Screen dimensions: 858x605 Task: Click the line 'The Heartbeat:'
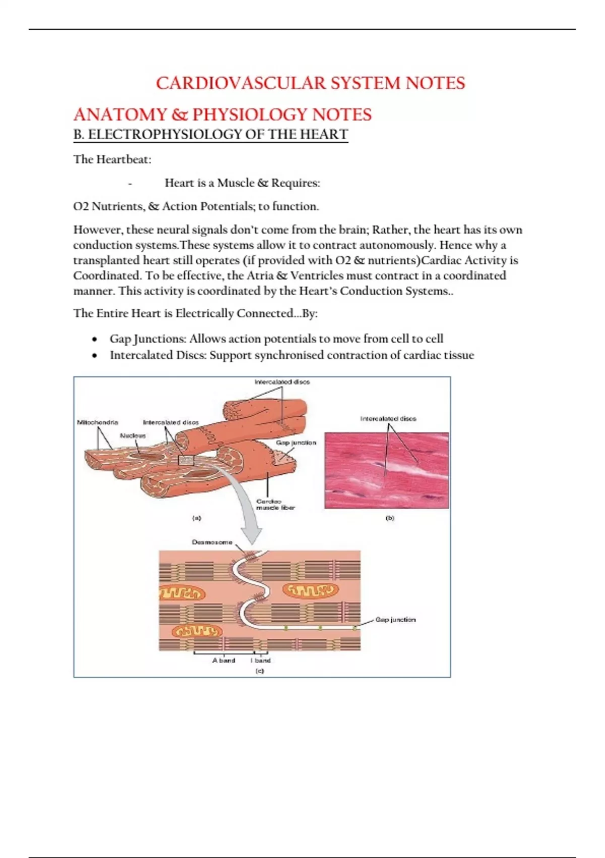pyautogui.click(x=112, y=159)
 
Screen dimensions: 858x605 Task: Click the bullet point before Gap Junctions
pyautogui.click(x=95, y=339)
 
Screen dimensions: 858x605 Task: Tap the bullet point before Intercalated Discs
pyautogui.click(x=95, y=356)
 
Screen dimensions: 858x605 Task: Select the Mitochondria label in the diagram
pyautogui.click(x=97, y=422)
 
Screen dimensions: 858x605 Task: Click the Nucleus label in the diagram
pyautogui.click(x=133, y=435)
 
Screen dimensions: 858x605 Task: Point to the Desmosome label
pyautogui.click(x=212, y=542)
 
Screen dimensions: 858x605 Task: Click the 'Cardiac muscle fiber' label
pyautogui.click(x=275, y=504)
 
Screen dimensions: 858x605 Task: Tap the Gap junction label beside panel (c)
pyautogui.click(x=395, y=619)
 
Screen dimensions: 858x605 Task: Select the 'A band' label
pyautogui.click(x=223, y=660)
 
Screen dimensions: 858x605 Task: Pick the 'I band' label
pyautogui.click(x=261, y=660)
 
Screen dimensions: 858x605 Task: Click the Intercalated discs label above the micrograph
pyautogui.click(x=388, y=418)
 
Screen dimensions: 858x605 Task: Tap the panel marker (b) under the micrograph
pyautogui.click(x=390, y=518)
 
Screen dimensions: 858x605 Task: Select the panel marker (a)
pyautogui.click(x=197, y=518)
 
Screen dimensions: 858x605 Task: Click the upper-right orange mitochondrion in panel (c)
pyautogui.click(x=311, y=589)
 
